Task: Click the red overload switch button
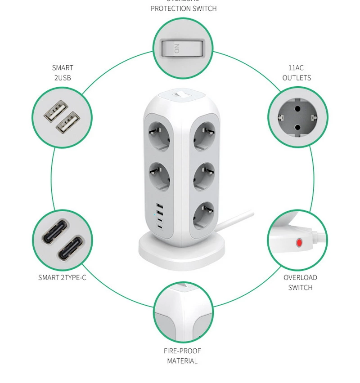coord(299,243)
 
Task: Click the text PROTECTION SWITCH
coord(183,8)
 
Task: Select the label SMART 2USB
coord(63,73)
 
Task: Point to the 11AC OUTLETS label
coord(297,73)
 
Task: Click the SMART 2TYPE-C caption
coord(62,277)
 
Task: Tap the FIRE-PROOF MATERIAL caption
coord(182,356)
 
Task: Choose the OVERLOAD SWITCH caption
coord(300,282)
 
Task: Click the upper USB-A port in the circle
coord(56,110)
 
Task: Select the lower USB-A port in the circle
coord(68,122)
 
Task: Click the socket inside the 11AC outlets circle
coord(297,118)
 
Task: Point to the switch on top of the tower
coord(182,95)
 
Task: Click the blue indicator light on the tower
coord(155,214)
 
